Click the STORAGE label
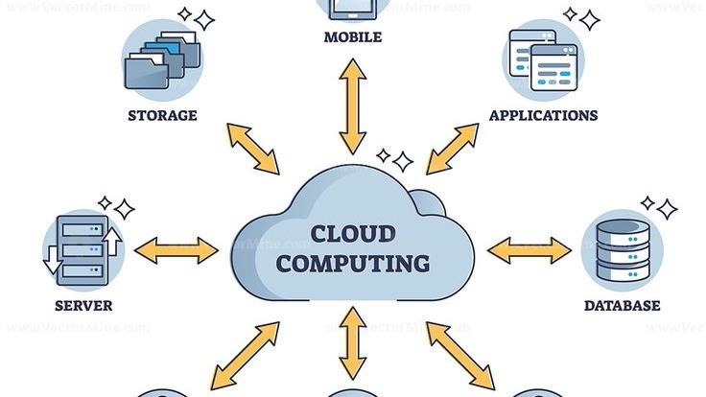pos(162,116)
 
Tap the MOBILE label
pos(353,38)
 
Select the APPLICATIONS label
pos(543,115)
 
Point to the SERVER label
pos(83,307)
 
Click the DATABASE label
pos(623,306)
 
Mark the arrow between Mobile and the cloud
pos(353,105)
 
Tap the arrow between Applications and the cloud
pos(452,148)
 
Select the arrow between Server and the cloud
pos(176,251)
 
